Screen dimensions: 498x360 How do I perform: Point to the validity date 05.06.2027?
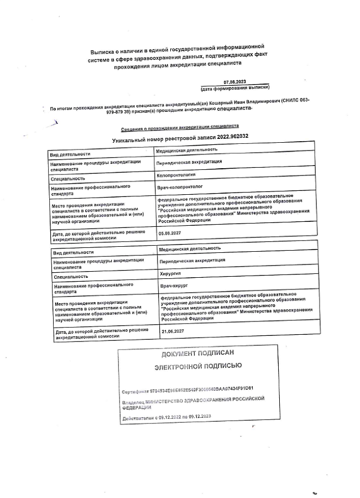(x=170, y=234)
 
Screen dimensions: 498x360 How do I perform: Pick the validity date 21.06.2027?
(x=172, y=331)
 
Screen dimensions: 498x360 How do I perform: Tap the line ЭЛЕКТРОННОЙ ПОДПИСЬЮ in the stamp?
(x=197, y=366)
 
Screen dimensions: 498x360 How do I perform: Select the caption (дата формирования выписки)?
(x=235, y=88)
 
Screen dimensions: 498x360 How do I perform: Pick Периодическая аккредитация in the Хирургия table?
(x=192, y=260)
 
